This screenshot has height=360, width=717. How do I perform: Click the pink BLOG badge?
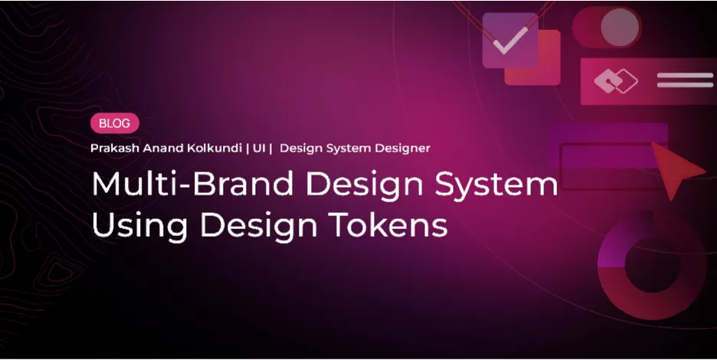coord(114,123)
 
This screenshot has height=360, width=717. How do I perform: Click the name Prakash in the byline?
coord(111,148)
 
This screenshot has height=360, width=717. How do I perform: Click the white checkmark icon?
coord(509,41)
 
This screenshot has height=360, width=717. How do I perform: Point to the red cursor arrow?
coord(677,175)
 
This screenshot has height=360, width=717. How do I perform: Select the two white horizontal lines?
coord(684,80)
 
